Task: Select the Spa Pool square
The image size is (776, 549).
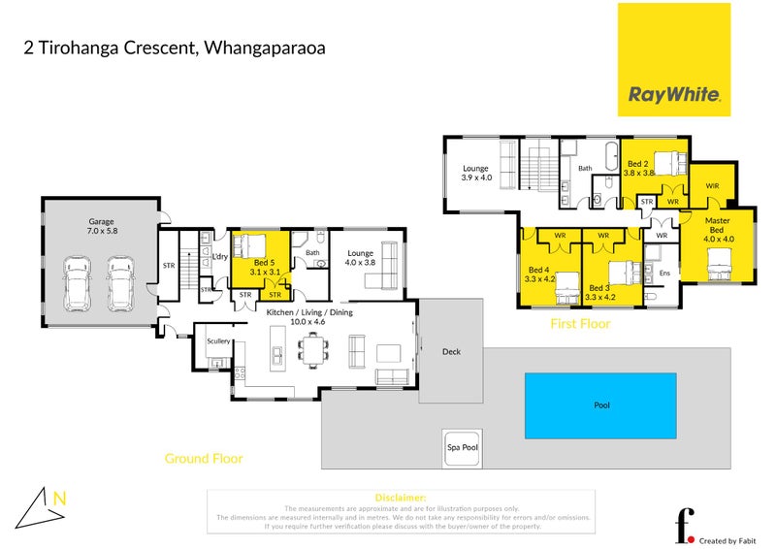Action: pos(462,447)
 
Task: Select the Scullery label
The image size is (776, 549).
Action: pos(218,340)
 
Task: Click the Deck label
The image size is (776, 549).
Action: pos(451,352)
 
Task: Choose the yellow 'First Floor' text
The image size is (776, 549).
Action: pos(580,324)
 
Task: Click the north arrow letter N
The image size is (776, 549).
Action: pos(60,500)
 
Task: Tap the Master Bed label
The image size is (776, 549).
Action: pos(719,228)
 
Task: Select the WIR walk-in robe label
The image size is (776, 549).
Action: pos(712,183)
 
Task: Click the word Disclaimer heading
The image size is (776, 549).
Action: pos(400,498)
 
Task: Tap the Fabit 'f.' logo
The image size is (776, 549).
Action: pos(685,525)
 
